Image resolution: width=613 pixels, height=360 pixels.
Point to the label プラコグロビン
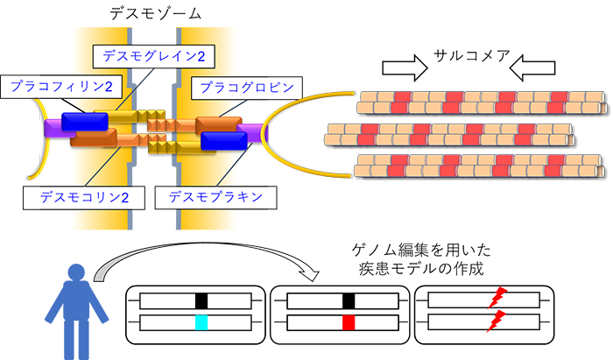point(243,87)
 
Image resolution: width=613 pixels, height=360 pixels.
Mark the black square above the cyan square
point(201,300)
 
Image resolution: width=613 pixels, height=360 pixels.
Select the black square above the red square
point(348,300)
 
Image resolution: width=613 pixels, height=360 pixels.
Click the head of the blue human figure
point(77,273)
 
